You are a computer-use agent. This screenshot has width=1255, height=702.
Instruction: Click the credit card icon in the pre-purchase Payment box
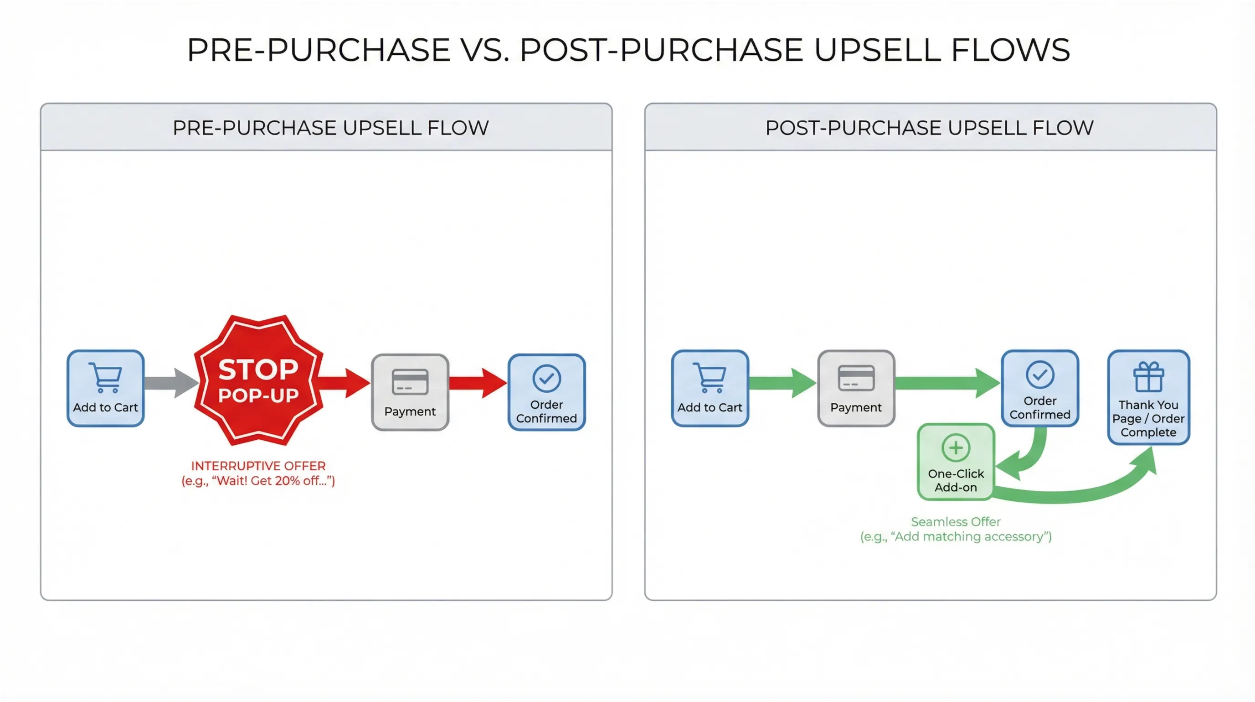[x=410, y=382]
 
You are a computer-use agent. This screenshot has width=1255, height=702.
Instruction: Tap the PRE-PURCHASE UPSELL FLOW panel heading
[x=330, y=128]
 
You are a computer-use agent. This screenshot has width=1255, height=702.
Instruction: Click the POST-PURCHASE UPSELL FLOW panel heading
[x=929, y=128]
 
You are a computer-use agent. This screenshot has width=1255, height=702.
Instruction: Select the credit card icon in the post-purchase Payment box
[x=856, y=378]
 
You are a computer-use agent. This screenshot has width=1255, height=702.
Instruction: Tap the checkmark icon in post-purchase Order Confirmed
[x=1039, y=374]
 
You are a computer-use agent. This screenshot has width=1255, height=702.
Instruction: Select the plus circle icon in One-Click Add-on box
[x=956, y=447]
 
